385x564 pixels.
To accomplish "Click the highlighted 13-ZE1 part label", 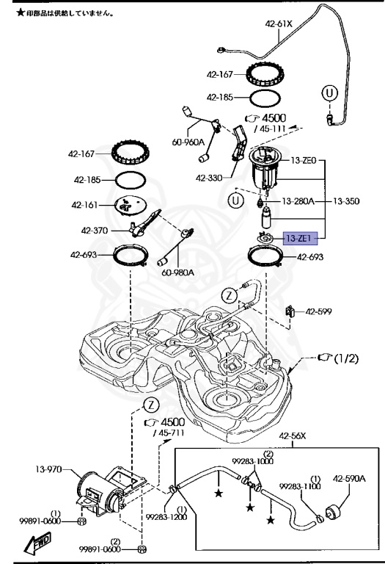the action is [301, 238].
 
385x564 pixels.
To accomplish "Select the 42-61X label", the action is [279, 24].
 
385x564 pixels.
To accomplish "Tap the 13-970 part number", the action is [48, 469].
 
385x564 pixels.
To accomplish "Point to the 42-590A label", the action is [349, 478].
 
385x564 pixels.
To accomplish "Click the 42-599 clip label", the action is [318, 311].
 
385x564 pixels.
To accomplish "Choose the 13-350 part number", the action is [346, 200].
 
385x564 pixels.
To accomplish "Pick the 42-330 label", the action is [209, 178].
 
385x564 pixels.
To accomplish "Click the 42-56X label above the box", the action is [293, 436].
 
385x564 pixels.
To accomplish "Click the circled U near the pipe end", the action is [329, 93].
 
